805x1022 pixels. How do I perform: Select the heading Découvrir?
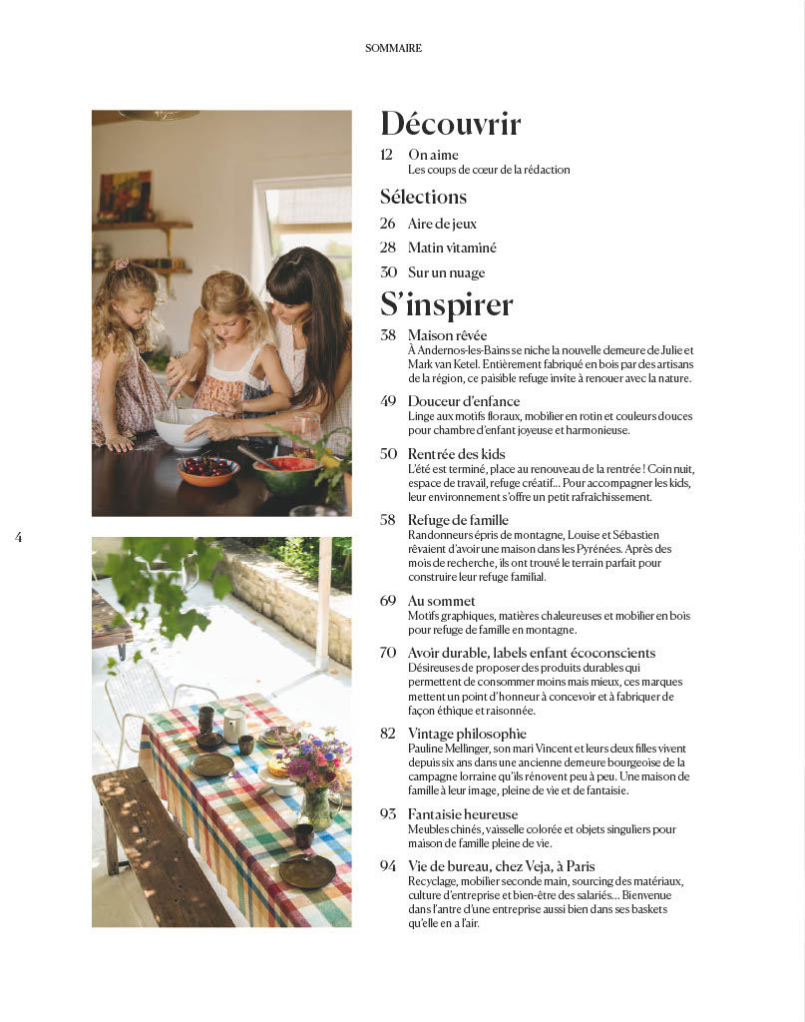click(x=451, y=124)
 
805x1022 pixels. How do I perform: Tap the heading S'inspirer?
click(x=447, y=303)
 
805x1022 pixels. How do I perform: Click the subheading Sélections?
click(x=423, y=197)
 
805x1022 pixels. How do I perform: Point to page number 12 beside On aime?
click(x=387, y=155)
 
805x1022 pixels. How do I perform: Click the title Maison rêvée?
click(x=447, y=335)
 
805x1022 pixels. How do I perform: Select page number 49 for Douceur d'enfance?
click(x=388, y=401)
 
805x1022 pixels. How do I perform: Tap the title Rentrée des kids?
click(x=456, y=454)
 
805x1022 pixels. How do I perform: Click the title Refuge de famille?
click(x=458, y=520)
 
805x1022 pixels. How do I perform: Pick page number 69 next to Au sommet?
click(x=388, y=601)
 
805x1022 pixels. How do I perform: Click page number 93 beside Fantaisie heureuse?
click(x=388, y=814)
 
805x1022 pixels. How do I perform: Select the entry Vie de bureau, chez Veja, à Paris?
click(x=501, y=866)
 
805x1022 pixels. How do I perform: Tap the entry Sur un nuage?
click(x=446, y=272)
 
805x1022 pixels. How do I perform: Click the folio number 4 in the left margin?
click(x=19, y=537)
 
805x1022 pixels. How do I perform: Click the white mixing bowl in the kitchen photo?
click(x=185, y=428)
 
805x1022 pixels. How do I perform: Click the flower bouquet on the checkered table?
click(x=313, y=764)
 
